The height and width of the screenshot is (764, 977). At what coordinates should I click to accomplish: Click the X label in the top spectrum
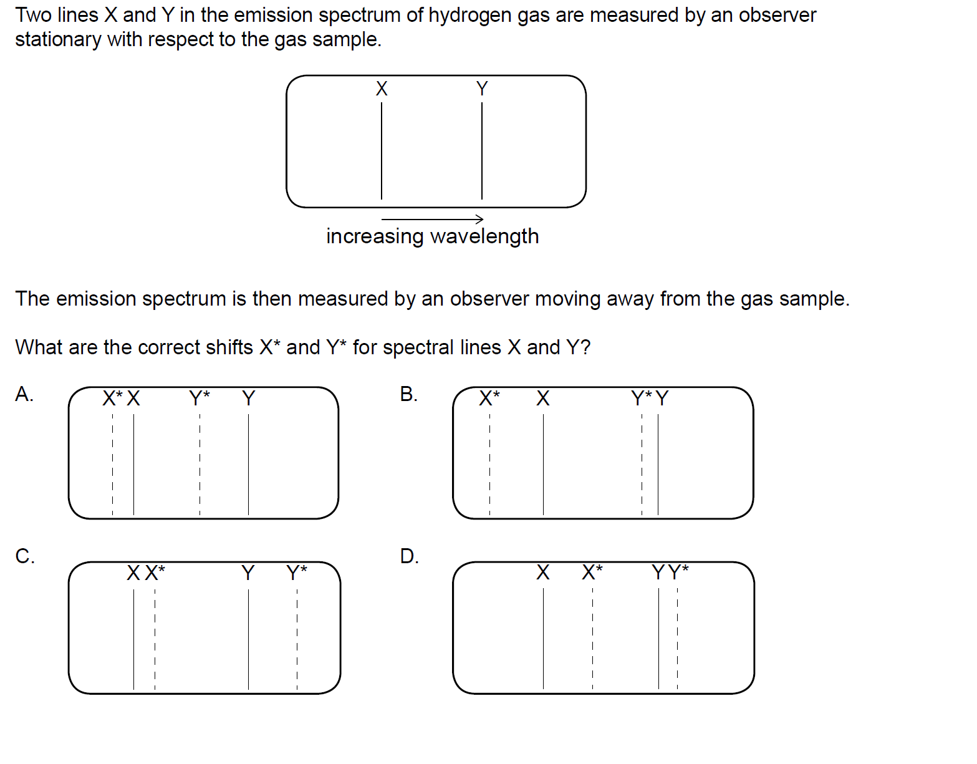tap(382, 89)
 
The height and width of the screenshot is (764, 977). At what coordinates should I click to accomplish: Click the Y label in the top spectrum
tap(482, 89)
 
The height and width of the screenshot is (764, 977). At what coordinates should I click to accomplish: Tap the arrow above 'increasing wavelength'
tap(432, 219)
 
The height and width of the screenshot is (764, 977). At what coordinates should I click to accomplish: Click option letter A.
tap(24, 394)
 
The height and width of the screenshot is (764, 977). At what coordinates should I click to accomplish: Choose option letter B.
tap(409, 394)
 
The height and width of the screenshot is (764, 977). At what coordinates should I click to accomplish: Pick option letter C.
tap(24, 556)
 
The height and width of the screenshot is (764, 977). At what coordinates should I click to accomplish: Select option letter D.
tap(409, 556)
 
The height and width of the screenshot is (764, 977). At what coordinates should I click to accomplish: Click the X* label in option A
tap(112, 398)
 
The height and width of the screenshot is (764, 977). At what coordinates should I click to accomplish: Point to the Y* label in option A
tap(200, 398)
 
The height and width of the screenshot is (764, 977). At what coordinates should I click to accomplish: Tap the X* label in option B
tap(489, 398)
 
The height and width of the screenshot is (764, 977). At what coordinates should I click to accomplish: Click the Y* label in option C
tap(297, 572)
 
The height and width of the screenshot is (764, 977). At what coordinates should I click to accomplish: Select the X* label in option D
tap(592, 572)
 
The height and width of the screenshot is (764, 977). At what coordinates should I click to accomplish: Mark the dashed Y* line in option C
tap(297, 639)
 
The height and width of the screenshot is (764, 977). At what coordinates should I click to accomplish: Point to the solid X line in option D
tap(543, 639)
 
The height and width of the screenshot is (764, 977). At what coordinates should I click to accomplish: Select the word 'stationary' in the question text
tap(58, 39)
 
